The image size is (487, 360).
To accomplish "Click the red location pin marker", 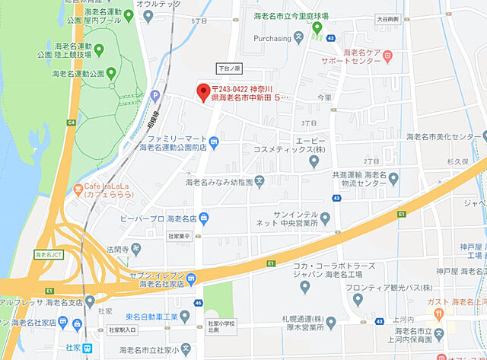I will point(202,93).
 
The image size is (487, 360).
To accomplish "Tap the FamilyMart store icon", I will point(214,139).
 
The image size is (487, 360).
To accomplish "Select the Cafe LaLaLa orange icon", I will point(79,188).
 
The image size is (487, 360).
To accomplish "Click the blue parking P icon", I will point(155,96).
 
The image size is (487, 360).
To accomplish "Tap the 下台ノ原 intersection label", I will point(228,68).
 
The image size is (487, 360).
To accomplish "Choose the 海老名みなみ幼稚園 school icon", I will point(259,181).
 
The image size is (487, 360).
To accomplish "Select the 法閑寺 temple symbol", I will point(134,248).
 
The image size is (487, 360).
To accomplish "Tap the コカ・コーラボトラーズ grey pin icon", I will point(304,286).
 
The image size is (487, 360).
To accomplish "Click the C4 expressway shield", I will point(72,121).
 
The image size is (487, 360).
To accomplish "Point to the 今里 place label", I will point(324,97).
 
